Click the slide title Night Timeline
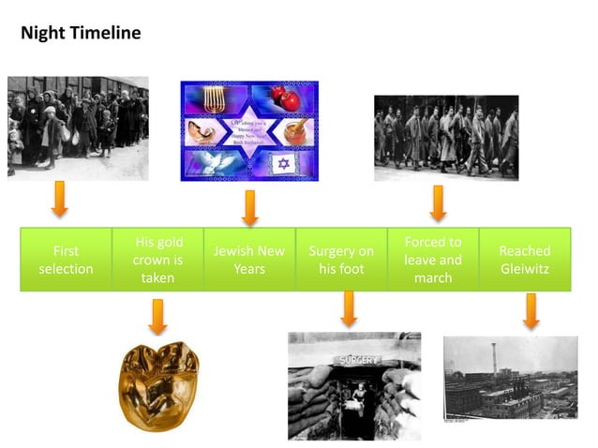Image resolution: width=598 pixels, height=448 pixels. click(81, 34)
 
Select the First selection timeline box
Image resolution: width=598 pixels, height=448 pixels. click(66, 260)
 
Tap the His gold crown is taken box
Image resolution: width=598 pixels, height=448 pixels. click(157, 259)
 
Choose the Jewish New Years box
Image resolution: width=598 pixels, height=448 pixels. click(249, 260)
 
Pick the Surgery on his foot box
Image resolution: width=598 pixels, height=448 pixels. click(341, 260)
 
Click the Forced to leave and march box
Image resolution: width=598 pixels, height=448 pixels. click(433, 259)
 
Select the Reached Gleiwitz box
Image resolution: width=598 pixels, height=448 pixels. click(525, 260)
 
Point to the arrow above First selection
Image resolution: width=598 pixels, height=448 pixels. click(59, 199)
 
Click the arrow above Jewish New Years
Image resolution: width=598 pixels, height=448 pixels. click(249, 207)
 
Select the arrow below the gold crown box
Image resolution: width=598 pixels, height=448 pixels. click(157, 316)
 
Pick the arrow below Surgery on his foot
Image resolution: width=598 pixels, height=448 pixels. click(349, 307)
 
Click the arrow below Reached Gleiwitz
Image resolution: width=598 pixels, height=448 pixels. click(531, 310)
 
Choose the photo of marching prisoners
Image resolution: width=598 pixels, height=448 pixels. click(445, 138)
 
